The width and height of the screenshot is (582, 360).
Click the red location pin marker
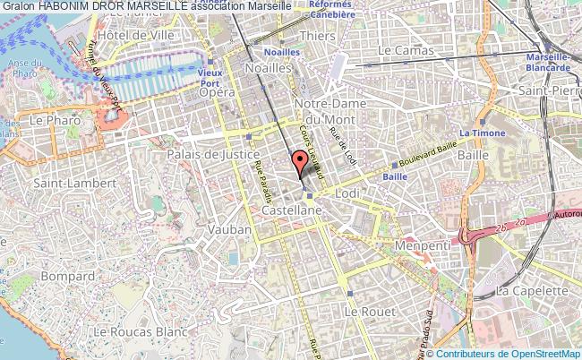click(x=298, y=162)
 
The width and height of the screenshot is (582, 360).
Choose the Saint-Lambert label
click(x=65, y=183)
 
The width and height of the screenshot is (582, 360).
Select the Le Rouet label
click(x=363, y=311)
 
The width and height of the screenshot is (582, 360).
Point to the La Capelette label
click(x=532, y=291)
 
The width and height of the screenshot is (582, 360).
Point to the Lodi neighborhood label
click(x=346, y=193)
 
